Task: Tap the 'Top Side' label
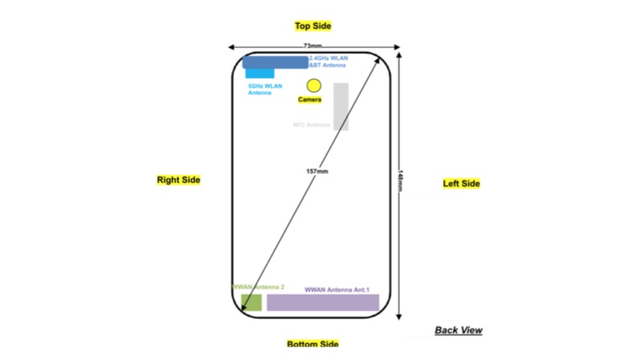(x=313, y=26)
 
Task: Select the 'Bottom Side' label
(x=313, y=344)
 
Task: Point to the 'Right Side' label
(x=178, y=180)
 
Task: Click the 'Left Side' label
(x=461, y=184)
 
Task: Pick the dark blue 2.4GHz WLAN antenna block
(x=275, y=62)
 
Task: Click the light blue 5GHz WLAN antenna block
(x=260, y=74)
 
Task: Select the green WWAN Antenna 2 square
(x=251, y=302)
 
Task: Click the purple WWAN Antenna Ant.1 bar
(x=322, y=302)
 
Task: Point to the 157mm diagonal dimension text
(x=317, y=172)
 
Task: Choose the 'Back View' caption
(x=458, y=330)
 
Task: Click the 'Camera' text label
(x=309, y=100)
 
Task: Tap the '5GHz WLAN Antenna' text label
(x=264, y=89)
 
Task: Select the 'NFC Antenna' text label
(x=312, y=125)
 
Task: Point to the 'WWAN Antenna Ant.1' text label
(x=341, y=289)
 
